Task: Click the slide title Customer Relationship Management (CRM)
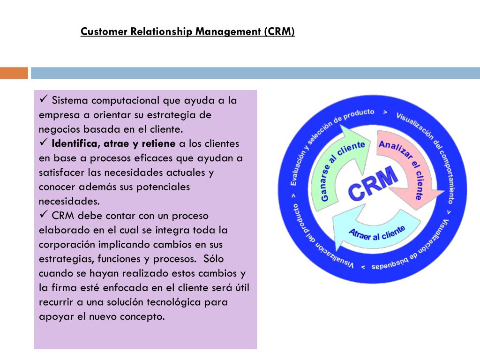pyautogui.click(x=187, y=32)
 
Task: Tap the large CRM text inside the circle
pyautogui.click(x=373, y=186)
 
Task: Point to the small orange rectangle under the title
pyautogui.click(x=14, y=73)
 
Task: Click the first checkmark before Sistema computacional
pyautogui.click(x=45, y=100)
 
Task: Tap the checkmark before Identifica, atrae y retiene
pyautogui.click(x=45, y=143)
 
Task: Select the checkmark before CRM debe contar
pyautogui.click(x=45, y=215)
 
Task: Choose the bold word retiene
pyautogui.click(x=157, y=143)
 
